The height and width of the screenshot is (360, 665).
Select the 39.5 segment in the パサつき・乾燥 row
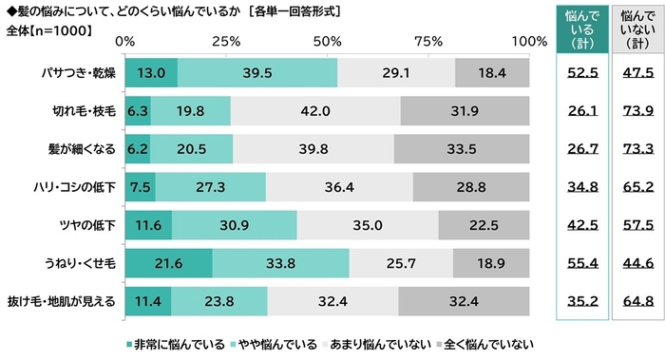tap(257, 72)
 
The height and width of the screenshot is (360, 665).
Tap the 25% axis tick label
tap(225, 42)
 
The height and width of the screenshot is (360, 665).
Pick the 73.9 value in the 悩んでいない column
tap(636, 112)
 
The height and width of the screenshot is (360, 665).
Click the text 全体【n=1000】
tap(47, 28)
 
